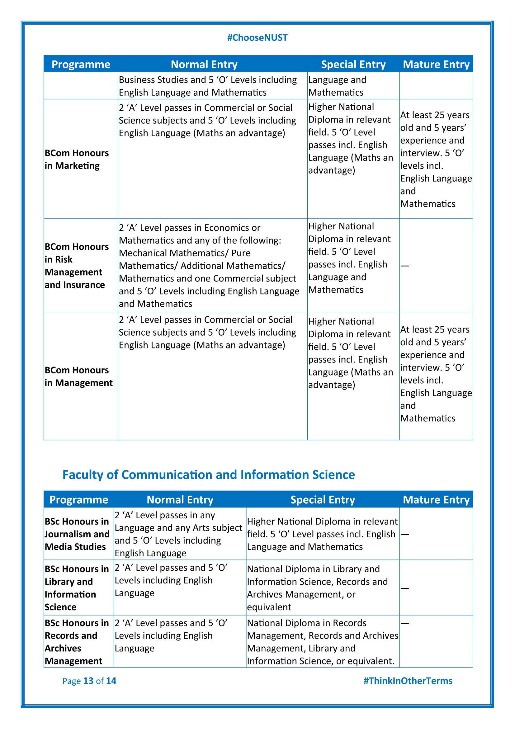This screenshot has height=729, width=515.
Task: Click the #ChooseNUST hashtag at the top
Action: (257, 38)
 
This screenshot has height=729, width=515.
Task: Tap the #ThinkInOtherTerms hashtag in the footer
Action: (408, 681)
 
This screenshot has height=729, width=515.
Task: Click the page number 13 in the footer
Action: (88, 681)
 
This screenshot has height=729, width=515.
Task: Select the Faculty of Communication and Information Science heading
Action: (208, 475)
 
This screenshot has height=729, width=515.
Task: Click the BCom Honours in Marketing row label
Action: (76, 159)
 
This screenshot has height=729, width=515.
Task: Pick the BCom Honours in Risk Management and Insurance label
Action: (76, 266)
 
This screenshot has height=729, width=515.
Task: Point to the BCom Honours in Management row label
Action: (78, 376)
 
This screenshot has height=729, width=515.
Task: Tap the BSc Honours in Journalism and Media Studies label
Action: (77, 534)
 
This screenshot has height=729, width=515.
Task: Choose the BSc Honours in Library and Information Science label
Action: (76, 588)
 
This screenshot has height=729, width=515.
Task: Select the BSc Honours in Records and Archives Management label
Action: (76, 642)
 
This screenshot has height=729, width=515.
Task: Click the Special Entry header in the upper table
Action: (353, 65)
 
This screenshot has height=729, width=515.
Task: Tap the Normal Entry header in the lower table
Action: (180, 500)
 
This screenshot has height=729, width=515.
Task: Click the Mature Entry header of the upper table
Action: (436, 65)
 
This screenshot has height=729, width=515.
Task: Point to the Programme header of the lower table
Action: (79, 500)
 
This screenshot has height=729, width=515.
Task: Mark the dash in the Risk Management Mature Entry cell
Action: (405, 266)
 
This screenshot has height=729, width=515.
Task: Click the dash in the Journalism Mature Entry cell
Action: (405, 535)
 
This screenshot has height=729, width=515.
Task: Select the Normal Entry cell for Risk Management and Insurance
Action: (209, 266)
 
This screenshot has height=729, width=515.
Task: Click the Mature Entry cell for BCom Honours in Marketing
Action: (436, 159)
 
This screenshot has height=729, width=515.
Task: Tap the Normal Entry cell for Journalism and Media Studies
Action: (178, 534)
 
